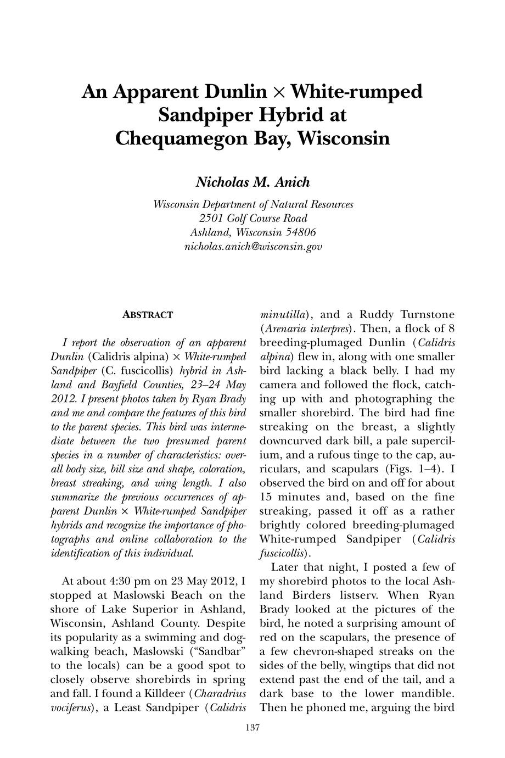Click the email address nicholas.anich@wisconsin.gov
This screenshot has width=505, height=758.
coord(252,247)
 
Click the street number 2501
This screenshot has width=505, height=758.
coord(215,218)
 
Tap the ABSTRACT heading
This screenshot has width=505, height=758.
coord(147,315)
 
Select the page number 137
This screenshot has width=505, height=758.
coord(252,728)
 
